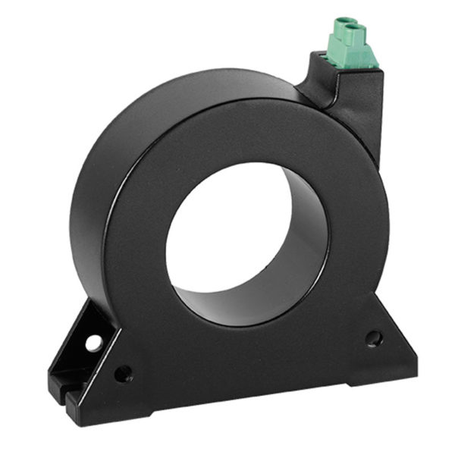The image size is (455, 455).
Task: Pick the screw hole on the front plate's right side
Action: coord(373,338)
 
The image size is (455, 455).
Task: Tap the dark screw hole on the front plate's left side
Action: coord(123,373)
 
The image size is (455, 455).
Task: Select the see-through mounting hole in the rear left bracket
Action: coord(94,343)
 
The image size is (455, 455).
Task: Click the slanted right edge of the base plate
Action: coord(394,334)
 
